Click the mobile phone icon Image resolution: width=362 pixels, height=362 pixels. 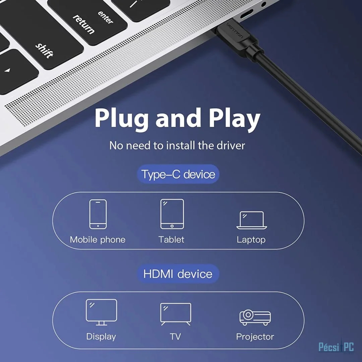[x=98, y=214]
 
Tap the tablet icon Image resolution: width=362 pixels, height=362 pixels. [x=172, y=214]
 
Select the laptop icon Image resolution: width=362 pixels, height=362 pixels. [x=252, y=220]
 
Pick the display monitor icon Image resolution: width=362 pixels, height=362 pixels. [x=101, y=312]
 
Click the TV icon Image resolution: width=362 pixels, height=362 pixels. [x=176, y=314]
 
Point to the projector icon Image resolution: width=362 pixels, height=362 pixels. [x=255, y=317]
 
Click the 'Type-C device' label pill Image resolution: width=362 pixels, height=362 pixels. [x=178, y=174]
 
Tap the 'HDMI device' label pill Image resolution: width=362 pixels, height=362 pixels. [x=178, y=274]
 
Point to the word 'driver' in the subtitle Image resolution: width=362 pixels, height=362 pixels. [x=231, y=145]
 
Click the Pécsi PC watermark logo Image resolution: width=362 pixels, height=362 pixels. [x=336, y=347]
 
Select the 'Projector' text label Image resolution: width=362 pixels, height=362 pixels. [x=255, y=337]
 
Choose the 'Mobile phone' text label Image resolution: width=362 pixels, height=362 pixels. [x=98, y=240]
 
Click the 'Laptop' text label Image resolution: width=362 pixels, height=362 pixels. [x=251, y=240]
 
